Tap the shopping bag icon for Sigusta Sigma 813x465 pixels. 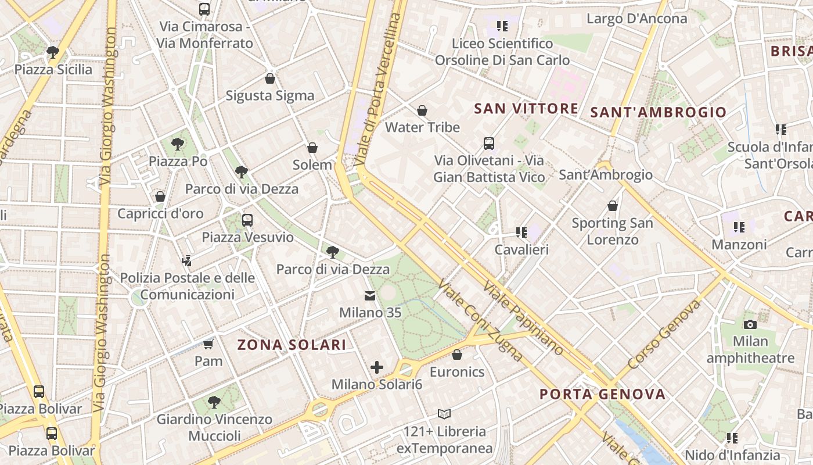coord(269,78)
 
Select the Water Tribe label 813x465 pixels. coord(422,127)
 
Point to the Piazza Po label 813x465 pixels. coord(178,161)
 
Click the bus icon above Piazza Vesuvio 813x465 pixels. coord(247,220)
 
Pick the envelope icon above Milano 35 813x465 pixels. coord(370,296)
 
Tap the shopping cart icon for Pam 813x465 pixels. coord(208,344)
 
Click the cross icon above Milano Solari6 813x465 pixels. coord(377,367)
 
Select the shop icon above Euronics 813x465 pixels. coord(457,355)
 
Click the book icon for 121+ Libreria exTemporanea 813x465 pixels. coord(444,414)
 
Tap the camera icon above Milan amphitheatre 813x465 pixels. coord(750,324)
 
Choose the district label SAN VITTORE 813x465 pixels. coord(526,109)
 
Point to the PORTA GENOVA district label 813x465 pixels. coord(603,394)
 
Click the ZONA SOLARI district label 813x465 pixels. coord(292,345)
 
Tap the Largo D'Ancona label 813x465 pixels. coord(636,19)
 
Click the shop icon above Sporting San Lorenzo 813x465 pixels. coord(612,206)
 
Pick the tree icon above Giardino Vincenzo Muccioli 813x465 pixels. coord(214,402)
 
